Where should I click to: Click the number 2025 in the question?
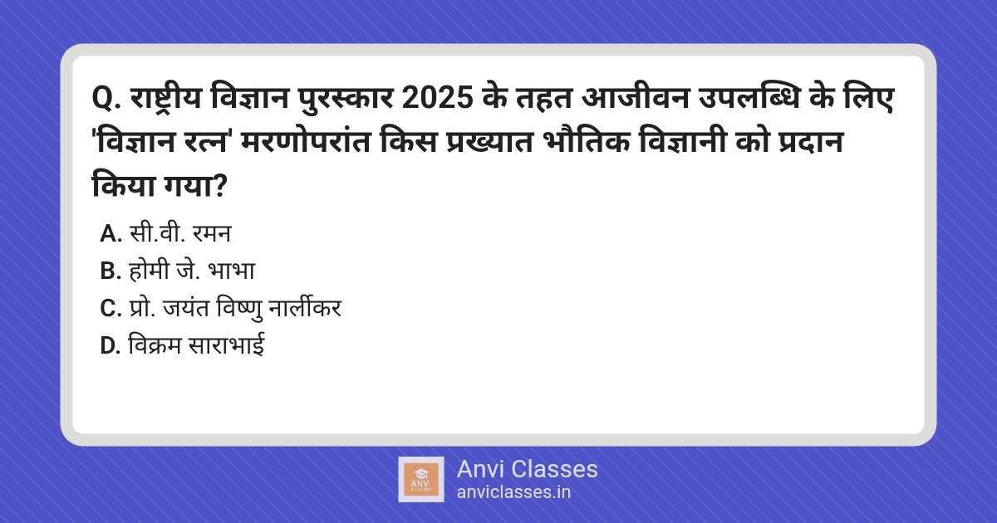coord(440,101)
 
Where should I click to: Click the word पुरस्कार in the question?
coord(346,101)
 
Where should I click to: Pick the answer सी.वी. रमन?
coord(179,234)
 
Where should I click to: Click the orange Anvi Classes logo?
coord(420,479)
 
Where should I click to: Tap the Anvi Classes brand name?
coord(527,469)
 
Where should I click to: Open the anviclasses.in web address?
coord(513,491)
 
